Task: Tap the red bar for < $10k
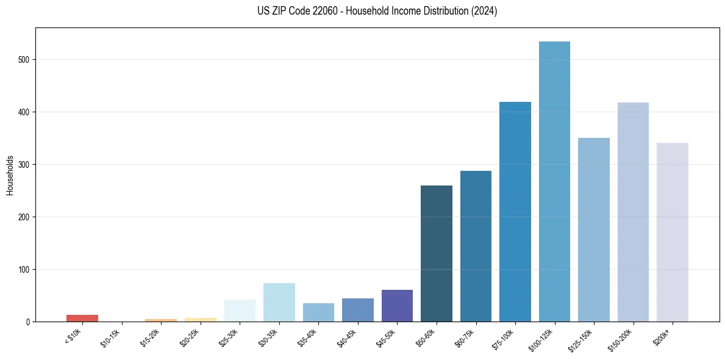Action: [x=82, y=318]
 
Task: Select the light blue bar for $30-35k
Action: [x=279, y=303]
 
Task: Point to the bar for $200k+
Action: [x=673, y=232]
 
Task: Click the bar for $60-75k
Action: [x=476, y=247]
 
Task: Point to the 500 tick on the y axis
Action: [x=25, y=60]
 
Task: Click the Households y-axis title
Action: [x=10, y=175]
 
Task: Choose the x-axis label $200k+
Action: [x=662, y=336]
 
